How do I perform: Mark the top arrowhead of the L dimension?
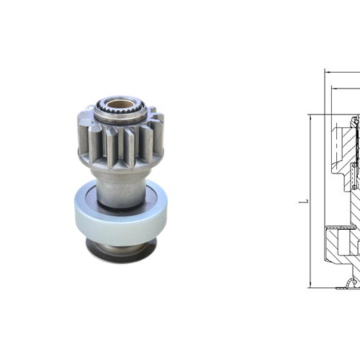coord(310,117)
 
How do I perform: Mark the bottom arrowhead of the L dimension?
coord(310,284)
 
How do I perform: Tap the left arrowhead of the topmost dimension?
coord(327,71)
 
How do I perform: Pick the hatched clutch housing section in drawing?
coord(338,241)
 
